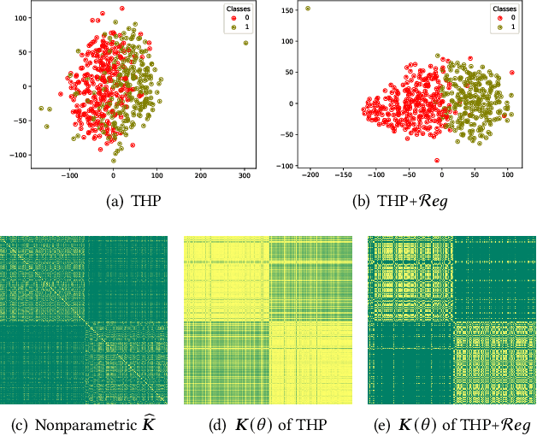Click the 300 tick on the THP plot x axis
pyautogui.click(x=245, y=174)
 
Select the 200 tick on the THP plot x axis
pyautogui.click(x=201, y=174)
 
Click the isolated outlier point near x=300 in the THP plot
pyautogui.click(x=245, y=43)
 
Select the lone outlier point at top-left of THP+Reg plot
pyautogui.click(x=308, y=9)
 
